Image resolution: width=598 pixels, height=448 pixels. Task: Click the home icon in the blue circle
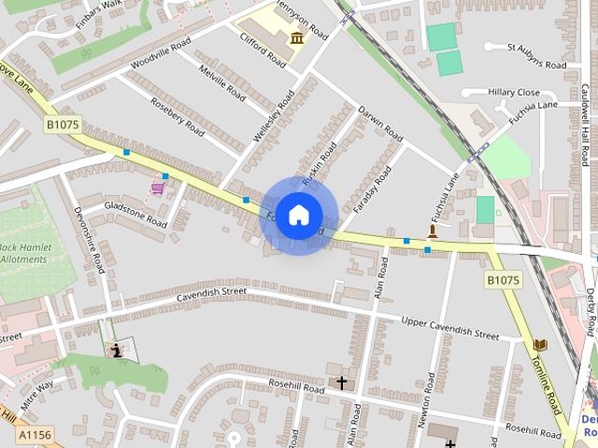pyautogui.click(x=298, y=216)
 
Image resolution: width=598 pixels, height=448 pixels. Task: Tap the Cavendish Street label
pyautogui.click(x=211, y=293)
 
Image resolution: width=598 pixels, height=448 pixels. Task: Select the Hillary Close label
pyautogui.click(x=513, y=92)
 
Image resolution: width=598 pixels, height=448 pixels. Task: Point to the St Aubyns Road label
pyautogui.click(x=536, y=55)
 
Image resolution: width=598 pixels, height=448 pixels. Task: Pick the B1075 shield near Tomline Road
pyautogui.click(x=503, y=279)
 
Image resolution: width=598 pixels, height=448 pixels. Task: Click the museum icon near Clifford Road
pyautogui.click(x=297, y=38)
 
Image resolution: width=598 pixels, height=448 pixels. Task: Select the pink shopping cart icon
pyautogui.click(x=158, y=188)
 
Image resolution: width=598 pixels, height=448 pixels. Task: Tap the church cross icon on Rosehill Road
pyautogui.click(x=342, y=383)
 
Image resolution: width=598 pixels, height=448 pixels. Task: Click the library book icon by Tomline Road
pyautogui.click(x=539, y=345)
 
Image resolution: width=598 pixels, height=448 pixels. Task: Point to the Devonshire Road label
pyautogui.click(x=91, y=240)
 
